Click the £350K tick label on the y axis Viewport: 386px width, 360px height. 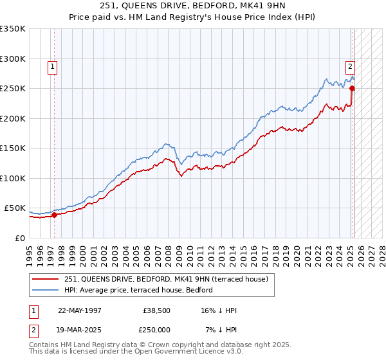click(x=13, y=29)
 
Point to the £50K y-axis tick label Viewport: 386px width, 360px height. click(x=15, y=208)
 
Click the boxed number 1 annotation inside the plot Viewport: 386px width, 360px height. click(x=51, y=66)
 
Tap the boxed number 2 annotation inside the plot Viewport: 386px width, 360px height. click(x=350, y=66)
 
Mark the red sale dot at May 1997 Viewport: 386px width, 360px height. click(x=54, y=215)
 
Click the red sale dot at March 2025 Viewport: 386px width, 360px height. click(x=352, y=89)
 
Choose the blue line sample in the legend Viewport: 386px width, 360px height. click(x=46, y=290)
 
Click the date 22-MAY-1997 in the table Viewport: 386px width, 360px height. click(x=79, y=310)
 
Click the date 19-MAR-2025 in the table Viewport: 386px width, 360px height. click(x=79, y=329)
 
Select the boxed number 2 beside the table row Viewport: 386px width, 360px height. click(x=33, y=329)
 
